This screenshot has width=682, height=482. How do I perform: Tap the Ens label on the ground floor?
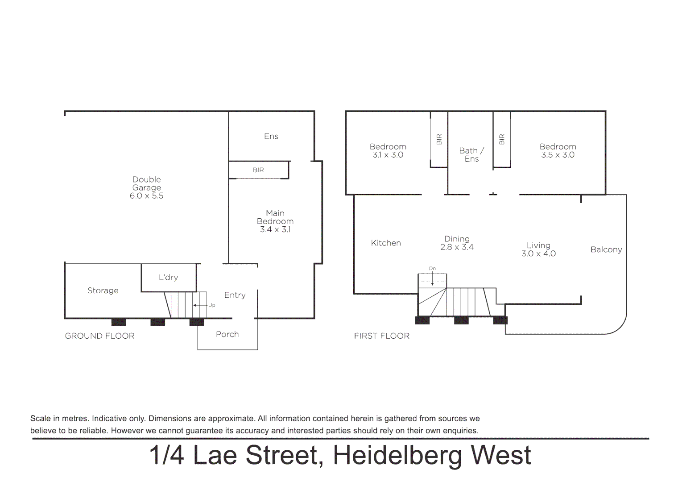(x=271, y=137)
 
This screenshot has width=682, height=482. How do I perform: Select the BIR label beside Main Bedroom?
(x=258, y=170)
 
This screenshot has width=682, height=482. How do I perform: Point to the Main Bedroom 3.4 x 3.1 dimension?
(x=275, y=229)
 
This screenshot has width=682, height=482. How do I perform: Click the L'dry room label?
(x=168, y=277)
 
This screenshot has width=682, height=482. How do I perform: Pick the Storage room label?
(x=103, y=291)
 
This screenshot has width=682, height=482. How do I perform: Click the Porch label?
(x=227, y=334)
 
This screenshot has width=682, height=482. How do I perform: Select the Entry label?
(x=235, y=295)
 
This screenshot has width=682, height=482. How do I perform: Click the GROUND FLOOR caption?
(x=99, y=336)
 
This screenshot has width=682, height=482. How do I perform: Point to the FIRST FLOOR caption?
(x=381, y=336)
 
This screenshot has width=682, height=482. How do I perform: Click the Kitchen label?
(x=386, y=243)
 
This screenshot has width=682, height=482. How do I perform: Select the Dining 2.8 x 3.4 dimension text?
(x=457, y=247)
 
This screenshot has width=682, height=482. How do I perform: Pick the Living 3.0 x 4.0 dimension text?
(x=538, y=253)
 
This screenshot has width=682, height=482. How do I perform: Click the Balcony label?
(x=606, y=250)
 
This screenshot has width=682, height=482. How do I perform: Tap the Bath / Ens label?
(x=471, y=155)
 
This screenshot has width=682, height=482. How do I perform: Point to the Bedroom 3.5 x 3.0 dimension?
(x=558, y=155)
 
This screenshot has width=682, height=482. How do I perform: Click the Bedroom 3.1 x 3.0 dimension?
(x=388, y=155)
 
